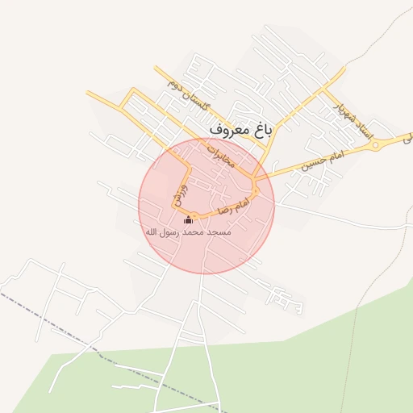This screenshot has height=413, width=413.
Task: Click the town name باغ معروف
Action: (x=241, y=128)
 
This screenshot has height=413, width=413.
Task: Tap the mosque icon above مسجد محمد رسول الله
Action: (x=189, y=220)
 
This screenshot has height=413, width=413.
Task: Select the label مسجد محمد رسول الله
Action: (x=188, y=232)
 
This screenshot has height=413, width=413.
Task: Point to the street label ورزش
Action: (x=180, y=194)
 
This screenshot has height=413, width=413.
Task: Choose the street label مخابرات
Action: (x=220, y=154)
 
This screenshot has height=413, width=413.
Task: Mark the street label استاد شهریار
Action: (x=349, y=118)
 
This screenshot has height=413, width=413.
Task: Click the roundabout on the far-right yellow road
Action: (x=375, y=145)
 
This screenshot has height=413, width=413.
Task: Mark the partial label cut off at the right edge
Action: (x=407, y=138)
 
